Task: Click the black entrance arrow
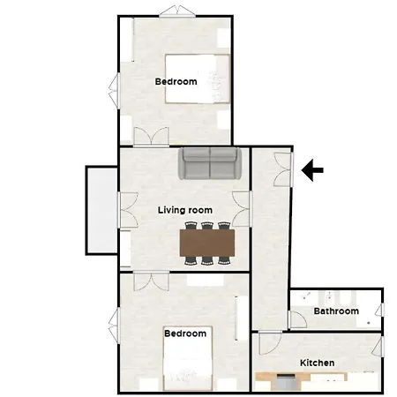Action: (x=312, y=170)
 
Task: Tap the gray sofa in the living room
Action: (x=211, y=163)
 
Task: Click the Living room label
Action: (x=185, y=210)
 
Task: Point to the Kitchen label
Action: (x=317, y=363)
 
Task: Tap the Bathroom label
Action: (x=336, y=311)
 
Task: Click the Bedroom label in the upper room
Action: (x=176, y=82)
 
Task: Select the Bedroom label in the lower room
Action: (x=185, y=333)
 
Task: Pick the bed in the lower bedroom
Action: (x=187, y=366)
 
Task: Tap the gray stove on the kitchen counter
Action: (x=286, y=381)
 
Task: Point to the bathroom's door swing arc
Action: (x=298, y=319)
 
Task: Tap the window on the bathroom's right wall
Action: (x=382, y=309)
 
